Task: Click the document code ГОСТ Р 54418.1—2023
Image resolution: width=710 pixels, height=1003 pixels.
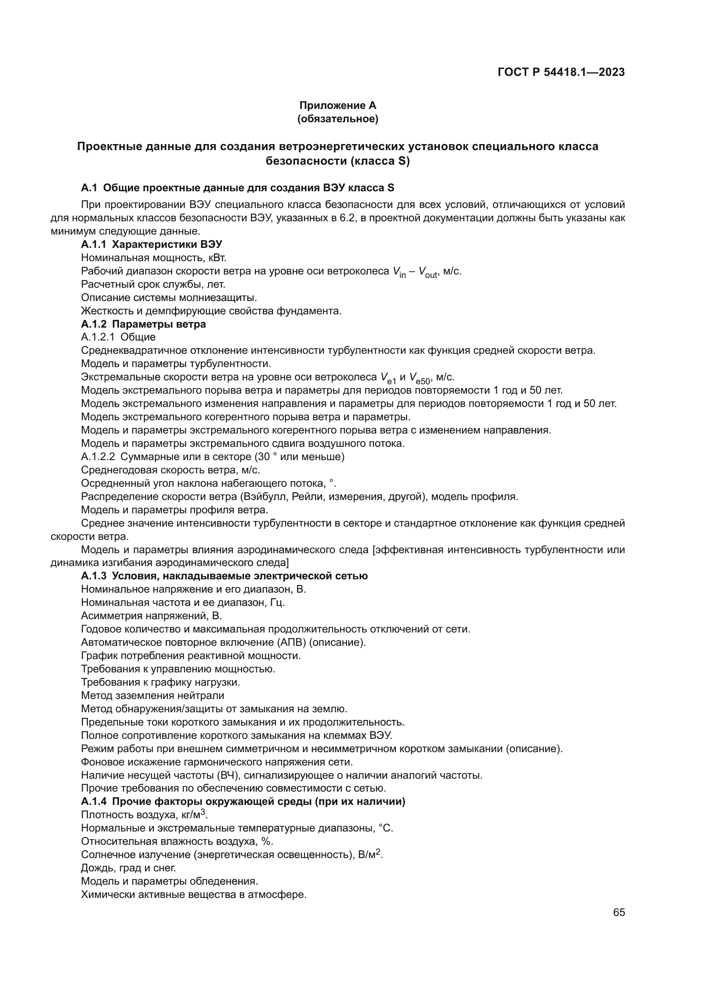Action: click(x=561, y=72)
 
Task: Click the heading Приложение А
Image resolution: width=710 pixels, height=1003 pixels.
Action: click(x=337, y=105)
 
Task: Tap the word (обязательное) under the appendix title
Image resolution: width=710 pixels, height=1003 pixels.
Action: click(x=337, y=119)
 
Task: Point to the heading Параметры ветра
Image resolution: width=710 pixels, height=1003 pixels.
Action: click(x=159, y=324)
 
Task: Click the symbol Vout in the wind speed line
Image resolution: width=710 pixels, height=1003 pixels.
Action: click(x=428, y=272)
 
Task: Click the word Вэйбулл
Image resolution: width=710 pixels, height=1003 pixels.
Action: click(x=268, y=497)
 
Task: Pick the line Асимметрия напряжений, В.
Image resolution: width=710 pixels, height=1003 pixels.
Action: click(x=151, y=616)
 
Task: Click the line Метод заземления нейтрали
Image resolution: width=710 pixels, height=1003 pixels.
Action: click(x=152, y=696)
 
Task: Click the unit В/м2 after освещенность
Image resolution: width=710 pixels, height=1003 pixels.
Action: click(x=370, y=855)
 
